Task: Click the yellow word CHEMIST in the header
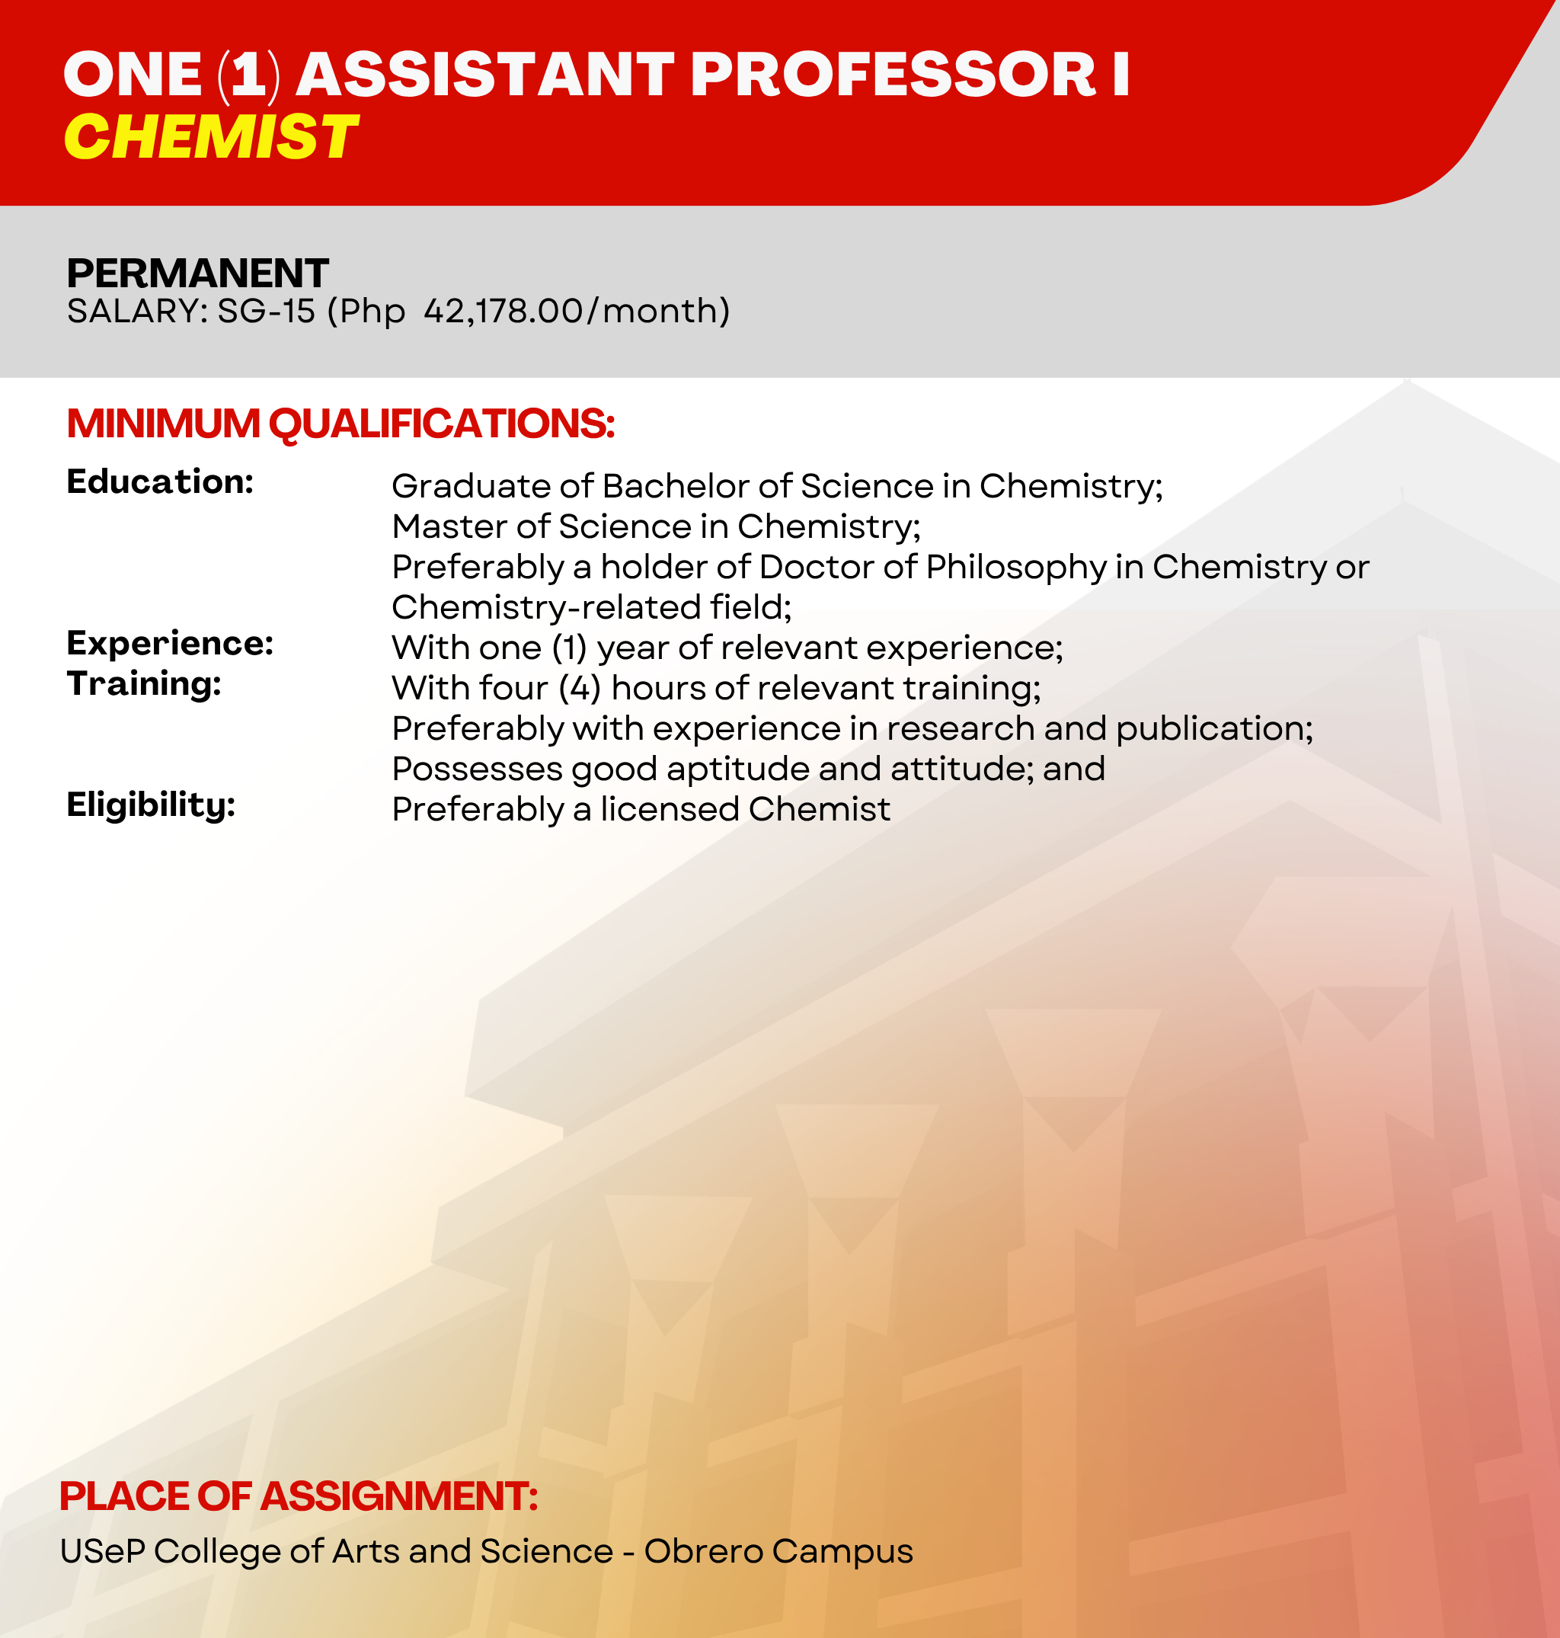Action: [x=210, y=137]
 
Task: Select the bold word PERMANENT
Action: [x=198, y=273]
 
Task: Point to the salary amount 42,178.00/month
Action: [x=577, y=311]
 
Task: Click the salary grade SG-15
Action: [x=266, y=311]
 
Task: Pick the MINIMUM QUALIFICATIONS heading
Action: [x=341, y=424]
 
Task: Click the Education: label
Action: [x=161, y=481]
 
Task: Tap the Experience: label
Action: [x=171, y=643]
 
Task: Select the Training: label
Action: [x=144, y=684]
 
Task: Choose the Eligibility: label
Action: [x=152, y=805]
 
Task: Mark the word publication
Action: [x=1214, y=729]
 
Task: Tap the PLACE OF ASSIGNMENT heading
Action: [x=299, y=1496]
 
